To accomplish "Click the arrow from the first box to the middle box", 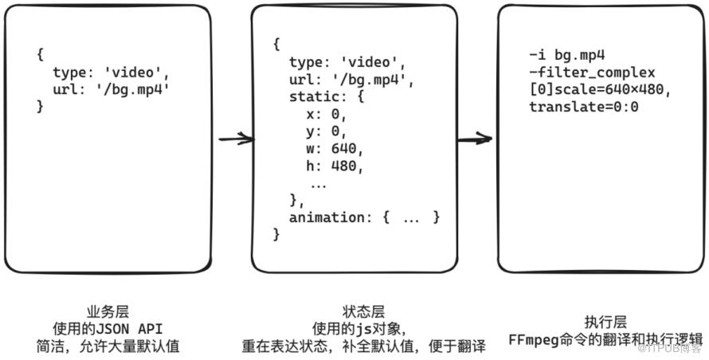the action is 236,139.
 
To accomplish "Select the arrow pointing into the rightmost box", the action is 474,139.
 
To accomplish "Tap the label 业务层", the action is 108,311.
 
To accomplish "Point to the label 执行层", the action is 605,323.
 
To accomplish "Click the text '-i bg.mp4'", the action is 567,56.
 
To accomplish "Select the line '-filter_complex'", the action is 592,72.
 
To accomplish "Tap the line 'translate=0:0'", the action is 584,108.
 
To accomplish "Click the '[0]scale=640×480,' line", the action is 600,90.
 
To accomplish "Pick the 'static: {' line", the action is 327,97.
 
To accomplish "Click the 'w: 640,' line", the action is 335,149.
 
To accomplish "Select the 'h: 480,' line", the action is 335,166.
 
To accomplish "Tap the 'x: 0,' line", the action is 327,115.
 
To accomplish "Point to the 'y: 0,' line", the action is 327,131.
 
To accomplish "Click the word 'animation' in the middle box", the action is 327,217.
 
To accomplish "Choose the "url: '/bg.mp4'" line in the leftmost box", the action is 111,89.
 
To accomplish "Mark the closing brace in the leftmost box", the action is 41,106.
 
